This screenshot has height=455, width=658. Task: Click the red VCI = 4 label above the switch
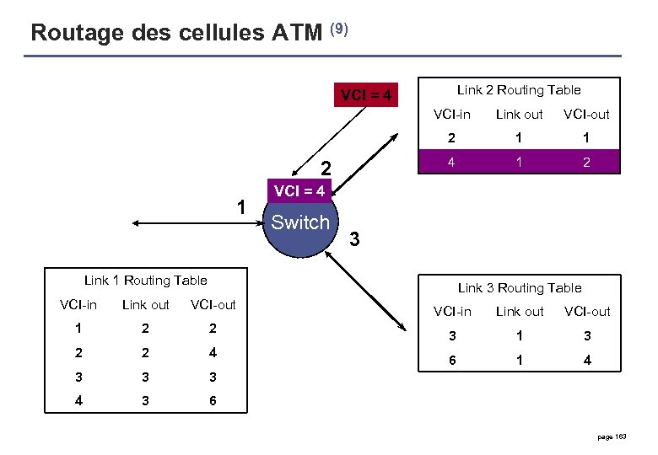click(x=299, y=191)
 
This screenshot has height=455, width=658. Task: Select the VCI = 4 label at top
click(x=365, y=95)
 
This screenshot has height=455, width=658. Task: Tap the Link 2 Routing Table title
click(x=519, y=89)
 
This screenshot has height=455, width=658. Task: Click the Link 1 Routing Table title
click(x=146, y=281)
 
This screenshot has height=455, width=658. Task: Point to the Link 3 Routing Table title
click(x=520, y=288)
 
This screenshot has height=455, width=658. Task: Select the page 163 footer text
click(x=613, y=436)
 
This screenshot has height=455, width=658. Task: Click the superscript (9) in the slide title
click(x=338, y=29)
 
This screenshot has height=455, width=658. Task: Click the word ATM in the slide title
click(x=298, y=33)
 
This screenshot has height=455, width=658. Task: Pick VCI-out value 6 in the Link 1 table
click(x=213, y=401)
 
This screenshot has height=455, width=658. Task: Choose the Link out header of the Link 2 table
click(x=519, y=115)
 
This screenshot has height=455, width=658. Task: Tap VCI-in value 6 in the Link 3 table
click(x=452, y=361)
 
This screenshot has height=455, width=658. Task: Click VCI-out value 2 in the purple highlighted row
click(x=586, y=163)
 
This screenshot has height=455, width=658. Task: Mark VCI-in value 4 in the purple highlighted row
click(x=452, y=163)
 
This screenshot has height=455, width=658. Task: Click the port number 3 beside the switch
click(x=354, y=240)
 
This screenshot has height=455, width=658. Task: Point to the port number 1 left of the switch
click(x=241, y=207)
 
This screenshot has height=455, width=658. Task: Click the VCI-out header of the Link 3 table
click(x=586, y=312)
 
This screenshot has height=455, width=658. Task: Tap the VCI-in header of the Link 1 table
click(x=78, y=305)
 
